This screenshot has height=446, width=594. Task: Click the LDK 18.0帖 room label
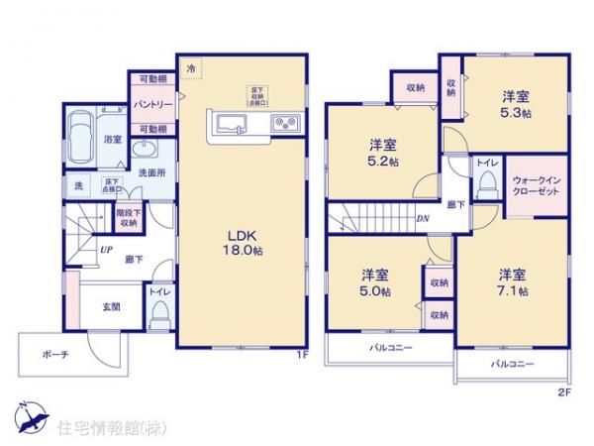[x=243, y=241]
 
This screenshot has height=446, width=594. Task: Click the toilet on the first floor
[x=161, y=315]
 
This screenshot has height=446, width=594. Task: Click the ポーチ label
[x=55, y=356]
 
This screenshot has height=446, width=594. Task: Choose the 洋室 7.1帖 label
[x=512, y=282]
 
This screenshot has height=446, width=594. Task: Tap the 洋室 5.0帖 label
[x=374, y=282]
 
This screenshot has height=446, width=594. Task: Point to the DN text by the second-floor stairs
[x=423, y=218]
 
